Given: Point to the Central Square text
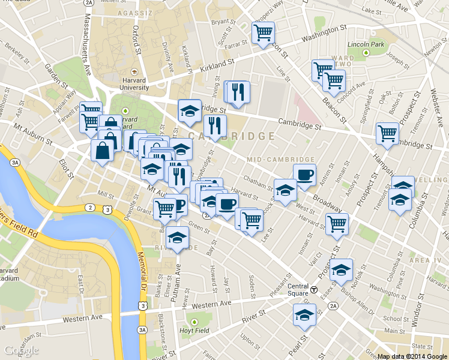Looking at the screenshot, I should pyautogui.click(x=298, y=289).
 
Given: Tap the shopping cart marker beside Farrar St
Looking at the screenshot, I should pyautogui.click(x=263, y=32).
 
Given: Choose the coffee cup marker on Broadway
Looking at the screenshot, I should pyautogui.click(x=304, y=175).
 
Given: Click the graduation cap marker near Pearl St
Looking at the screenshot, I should pyautogui.click(x=304, y=314).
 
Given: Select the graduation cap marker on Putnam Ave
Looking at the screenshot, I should pyautogui.click(x=177, y=237).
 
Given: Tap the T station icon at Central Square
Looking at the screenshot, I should pyautogui.click(x=314, y=289).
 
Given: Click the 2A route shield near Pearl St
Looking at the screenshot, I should pyautogui.click(x=334, y=306).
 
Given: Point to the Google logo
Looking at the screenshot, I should pyautogui.click(x=20, y=350).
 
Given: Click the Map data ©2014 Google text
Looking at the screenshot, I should pyautogui.click(x=412, y=356).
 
